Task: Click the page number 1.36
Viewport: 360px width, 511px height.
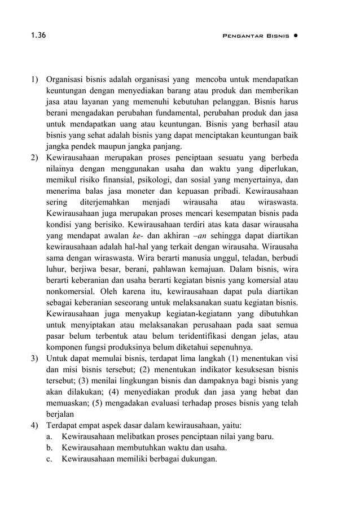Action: coord(38,36)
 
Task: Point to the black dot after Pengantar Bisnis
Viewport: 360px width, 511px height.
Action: coord(296,36)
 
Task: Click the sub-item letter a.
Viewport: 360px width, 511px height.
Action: coord(50,436)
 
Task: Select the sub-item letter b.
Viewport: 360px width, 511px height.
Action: coord(50,448)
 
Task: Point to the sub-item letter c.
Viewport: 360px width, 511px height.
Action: coord(50,459)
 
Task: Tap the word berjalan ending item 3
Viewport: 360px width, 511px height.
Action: coord(60,414)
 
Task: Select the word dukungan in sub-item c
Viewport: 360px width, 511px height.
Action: coord(199,459)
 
